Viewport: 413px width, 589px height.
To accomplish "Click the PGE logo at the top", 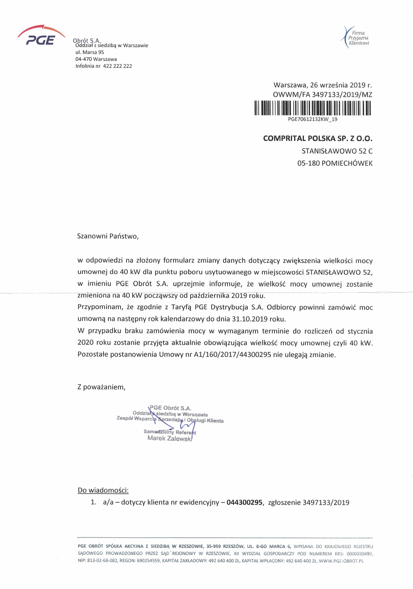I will pyautogui.click(x=41, y=36).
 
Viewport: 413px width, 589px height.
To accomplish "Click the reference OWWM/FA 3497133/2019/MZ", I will pyautogui.click(x=322, y=95).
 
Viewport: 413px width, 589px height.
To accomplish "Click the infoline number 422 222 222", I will pyautogui.click(x=118, y=66).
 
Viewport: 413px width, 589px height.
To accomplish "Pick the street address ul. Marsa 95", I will pyautogui.click(x=90, y=52).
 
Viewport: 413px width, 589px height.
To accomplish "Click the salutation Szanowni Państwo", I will pyautogui.click(x=108, y=236).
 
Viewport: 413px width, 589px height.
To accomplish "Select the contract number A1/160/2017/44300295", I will pyautogui.click(x=232, y=355).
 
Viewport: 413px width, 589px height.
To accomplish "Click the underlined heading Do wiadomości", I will pyautogui.click(x=103, y=490).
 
